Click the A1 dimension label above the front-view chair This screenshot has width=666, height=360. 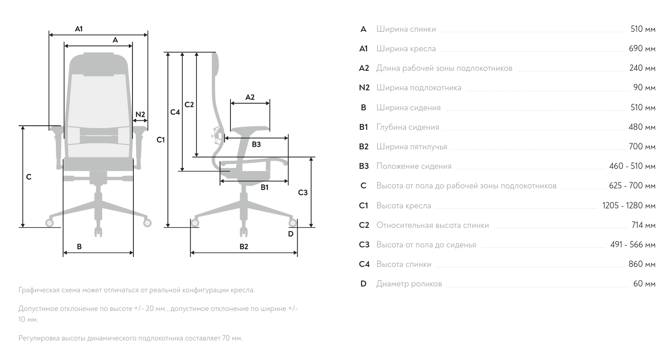(79, 29)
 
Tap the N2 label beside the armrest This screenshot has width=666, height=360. (140, 114)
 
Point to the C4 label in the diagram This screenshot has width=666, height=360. (175, 112)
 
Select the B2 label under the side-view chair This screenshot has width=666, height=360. (244, 247)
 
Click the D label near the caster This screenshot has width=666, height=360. (291, 234)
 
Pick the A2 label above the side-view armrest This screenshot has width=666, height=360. (250, 97)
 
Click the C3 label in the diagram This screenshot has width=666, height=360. (303, 192)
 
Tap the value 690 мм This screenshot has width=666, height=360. (642, 49)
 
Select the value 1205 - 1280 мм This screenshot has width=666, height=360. (629, 206)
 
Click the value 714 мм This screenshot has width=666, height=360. (643, 225)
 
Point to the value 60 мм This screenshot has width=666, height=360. (644, 284)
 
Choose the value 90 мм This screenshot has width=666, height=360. (644, 88)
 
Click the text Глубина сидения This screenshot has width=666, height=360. (407, 127)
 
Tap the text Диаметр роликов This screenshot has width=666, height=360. (409, 284)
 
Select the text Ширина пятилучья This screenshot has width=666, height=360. (411, 147)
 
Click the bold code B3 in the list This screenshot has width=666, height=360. (364, 166)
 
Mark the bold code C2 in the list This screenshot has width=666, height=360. (364, 225)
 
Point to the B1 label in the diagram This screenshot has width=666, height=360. (264, 187)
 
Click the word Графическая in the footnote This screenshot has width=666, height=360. (38, 290)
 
